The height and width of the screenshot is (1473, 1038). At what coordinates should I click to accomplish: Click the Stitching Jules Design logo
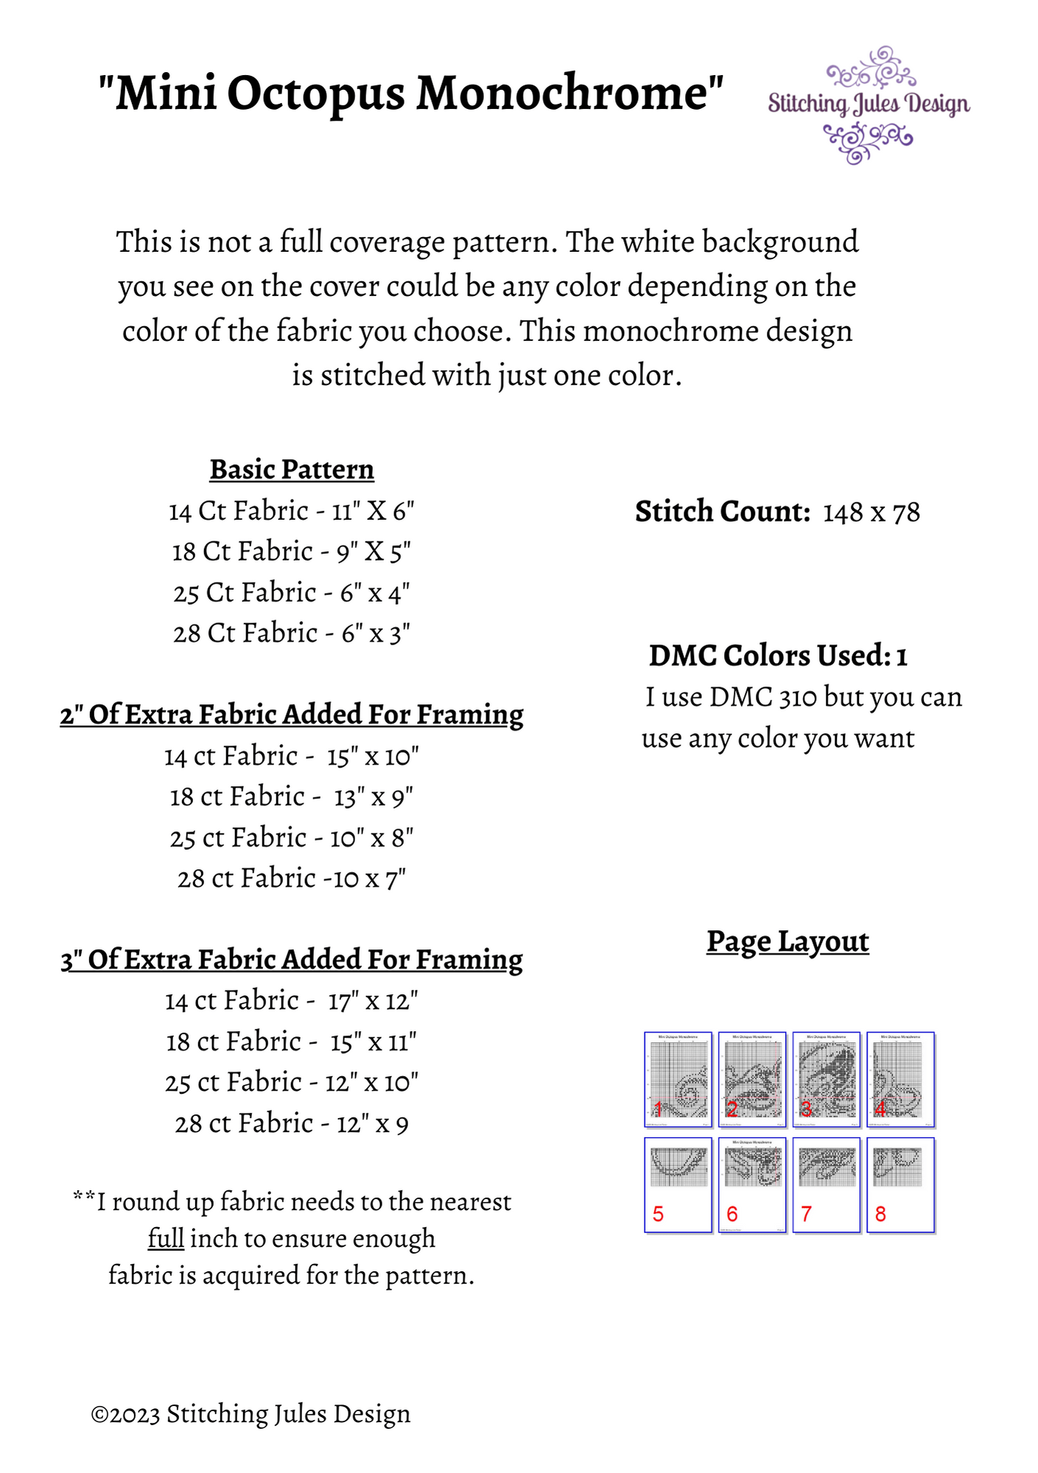(x=869, y=105)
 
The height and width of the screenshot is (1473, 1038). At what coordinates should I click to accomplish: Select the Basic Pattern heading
(x=292, y=469)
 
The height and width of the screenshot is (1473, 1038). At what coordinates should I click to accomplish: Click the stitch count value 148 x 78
(x=871, y=513)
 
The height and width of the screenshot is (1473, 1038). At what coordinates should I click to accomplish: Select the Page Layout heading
(x=788, y=941)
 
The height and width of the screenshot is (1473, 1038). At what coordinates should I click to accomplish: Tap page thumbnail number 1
(x=678, y=1079)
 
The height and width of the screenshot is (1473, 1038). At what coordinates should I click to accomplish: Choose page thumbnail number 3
(x=826, y=1079)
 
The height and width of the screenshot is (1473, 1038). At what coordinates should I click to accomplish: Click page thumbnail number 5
(x=678, y=1184)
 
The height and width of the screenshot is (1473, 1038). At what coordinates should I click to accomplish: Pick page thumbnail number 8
(x=900, y=1184)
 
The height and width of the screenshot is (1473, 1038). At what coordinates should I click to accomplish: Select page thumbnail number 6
(x=752, y=1184)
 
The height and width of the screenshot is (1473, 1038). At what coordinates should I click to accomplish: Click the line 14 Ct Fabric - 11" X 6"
(x=292, y=510)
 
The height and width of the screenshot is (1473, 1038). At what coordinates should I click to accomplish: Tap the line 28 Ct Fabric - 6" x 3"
(x=292, y=633)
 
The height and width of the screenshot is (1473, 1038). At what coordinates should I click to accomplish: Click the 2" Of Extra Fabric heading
(x=292, y=714)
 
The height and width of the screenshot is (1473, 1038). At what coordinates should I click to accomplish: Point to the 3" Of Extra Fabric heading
(x=292, y=960)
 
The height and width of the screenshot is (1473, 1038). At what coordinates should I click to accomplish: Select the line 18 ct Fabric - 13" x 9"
(x=292, y=797)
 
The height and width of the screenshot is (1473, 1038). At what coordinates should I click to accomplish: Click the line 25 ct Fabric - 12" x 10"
(x=292, y=1083)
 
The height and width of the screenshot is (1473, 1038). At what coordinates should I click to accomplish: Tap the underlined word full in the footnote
(x=166, y=1238)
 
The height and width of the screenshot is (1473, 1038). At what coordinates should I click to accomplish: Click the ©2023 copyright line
(x=250, y=1414)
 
